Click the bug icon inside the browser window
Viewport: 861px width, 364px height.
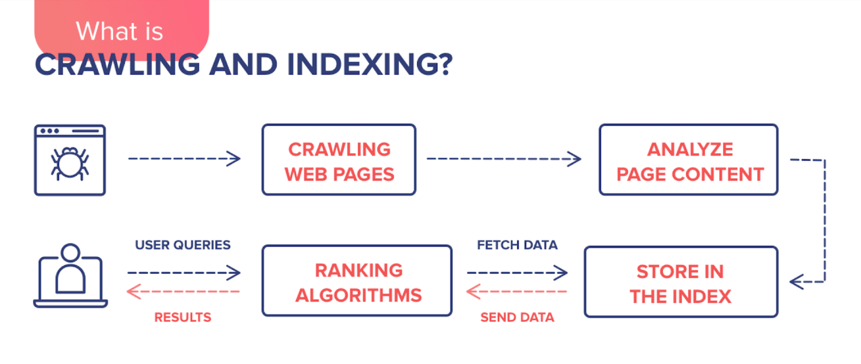[x=69, y=163]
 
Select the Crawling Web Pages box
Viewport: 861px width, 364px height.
[x=339, y=160]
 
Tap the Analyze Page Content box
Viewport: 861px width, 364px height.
[x=688, y=160]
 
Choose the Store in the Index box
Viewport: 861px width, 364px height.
[x=681, y=282]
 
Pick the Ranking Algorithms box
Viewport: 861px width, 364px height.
[x=357, y=281]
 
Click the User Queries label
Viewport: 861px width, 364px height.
[x=183, y=245]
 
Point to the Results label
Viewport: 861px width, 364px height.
[x=183, y=317]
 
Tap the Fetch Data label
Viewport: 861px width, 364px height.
[x=517, y=245]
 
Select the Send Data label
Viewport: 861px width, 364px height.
[x=517, y=317]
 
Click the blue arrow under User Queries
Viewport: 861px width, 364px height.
[x=184, y=273]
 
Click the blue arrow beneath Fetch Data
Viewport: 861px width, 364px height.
[x=517, y=273]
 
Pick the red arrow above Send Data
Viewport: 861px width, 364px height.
[x=517, y=292]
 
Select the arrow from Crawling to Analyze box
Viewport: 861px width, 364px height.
[x=504, y=159]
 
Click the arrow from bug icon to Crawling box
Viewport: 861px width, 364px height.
[x=184, y=159]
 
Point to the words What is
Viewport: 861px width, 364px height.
[x=119, y=30]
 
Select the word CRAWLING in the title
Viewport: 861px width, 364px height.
[x=118, y=65]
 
